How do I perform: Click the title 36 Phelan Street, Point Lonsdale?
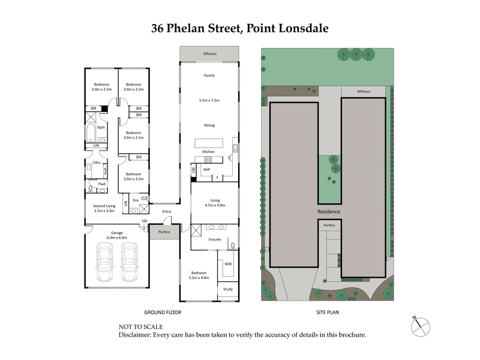coord(239,28)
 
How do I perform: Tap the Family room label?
coord(209,76)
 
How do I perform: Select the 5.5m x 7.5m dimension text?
coord(209,100)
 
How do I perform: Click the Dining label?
coord(209,125)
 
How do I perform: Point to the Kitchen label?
coord(208,151)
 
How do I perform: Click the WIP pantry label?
coord(206,170)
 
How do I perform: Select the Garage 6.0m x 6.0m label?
coord(116,235)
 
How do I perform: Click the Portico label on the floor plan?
coord(164,232)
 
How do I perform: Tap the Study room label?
coord(228,290)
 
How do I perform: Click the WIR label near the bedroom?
coord(228,263)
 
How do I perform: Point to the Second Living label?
coord(104,208)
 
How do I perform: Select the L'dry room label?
coord(96,163)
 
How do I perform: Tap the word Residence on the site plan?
coord(329,212)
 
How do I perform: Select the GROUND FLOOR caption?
coord(162,313)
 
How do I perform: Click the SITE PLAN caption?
coord(329,313)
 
